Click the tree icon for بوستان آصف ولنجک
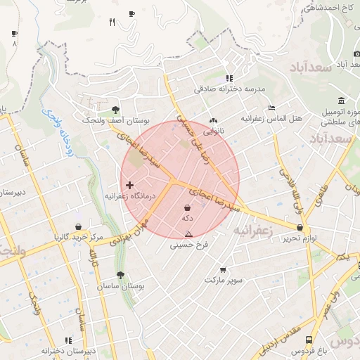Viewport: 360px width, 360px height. pyautogui.click(x=115, y=110)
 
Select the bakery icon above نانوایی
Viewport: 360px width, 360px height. pyautogui.click(x=213, y=120)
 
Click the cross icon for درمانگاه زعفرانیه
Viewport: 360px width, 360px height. pyautogui.click(x=129, y=184)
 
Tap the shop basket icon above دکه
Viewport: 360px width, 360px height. pyautogui.click(x=187, y=208)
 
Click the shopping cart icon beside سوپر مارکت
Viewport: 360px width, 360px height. pyautogui.click(x=224, y=269)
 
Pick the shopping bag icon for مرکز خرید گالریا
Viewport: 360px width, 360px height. pyautogui.click(x=78, y=226)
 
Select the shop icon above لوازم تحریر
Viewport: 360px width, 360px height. pyautogui.click(x=301, y=228)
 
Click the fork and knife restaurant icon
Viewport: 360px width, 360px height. pyautogui.click(x=112, y=22)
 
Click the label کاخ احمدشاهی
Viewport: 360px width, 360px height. pyautogui.click(x=328, y=8)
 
